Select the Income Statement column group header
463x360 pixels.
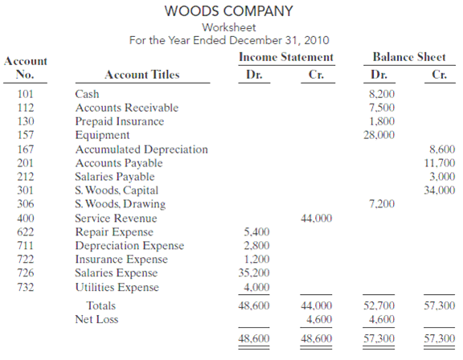pos(285,57)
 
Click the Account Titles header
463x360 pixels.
pos(142,76)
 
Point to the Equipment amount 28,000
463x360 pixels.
pos(379,135)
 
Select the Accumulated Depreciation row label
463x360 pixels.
pos(141,149)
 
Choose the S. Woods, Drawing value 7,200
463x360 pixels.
pos(381,204)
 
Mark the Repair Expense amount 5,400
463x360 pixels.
pos(256,231)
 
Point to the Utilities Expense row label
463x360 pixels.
pos(117,287)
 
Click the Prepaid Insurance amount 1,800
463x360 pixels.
pos(381,121)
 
